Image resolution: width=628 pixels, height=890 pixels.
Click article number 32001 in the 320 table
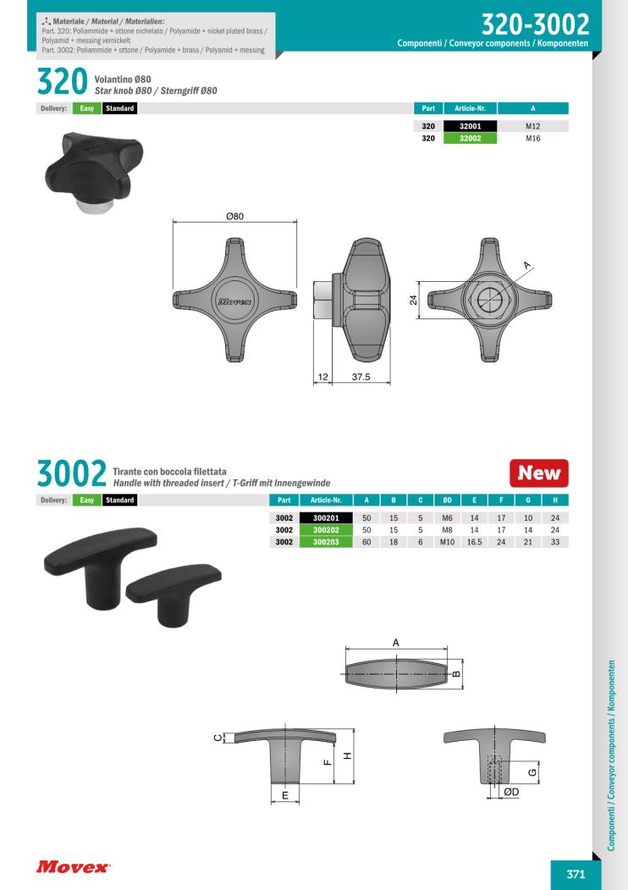pyautogui.click(x=470, y=126)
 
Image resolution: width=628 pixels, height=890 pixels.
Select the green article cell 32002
pyautogui.click(x=470, y=138)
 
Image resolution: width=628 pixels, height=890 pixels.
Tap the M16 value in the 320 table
pyautogui.click(x=532, y=138)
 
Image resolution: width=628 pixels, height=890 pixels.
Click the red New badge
pyautogui.click(x=538, y=473)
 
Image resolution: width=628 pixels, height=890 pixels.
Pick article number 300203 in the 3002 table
pyautogui.click(x=326, y=542)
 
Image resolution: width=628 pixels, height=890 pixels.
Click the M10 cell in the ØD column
pyautogui.click(x=447, y=542)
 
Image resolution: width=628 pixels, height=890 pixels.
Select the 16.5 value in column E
pyautogui.click(x=474, y=542)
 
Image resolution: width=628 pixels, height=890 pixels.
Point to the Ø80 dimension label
pyautogui.click(x=234, y=216)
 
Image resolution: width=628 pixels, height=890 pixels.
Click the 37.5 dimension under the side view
pyautogui.click(x=361, y=376)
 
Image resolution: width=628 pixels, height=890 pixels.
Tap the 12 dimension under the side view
pyautogui.click(x=322, y=376)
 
